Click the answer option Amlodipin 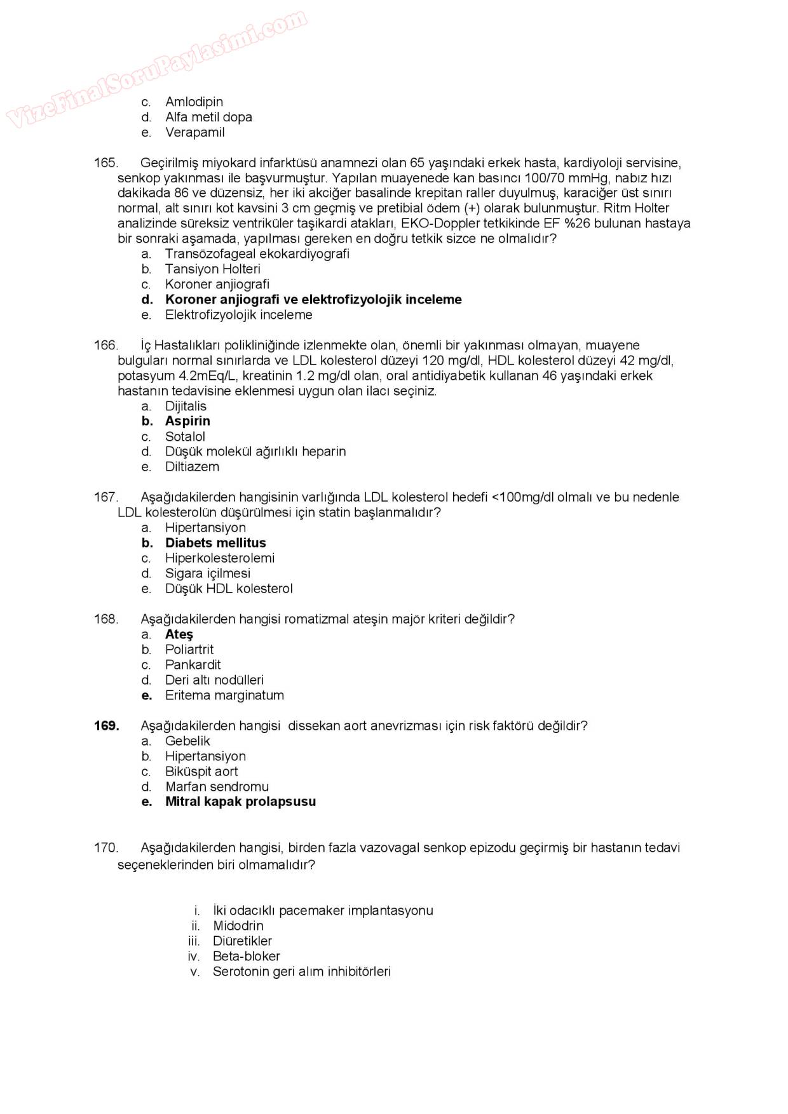click(x=194, y=102)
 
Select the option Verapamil click(x=194, y=132)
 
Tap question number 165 click(x=106, y=163)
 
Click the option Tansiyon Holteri click(x=212, y=269)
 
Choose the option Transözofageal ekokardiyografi click(x=257, y=253)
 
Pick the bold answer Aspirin click(x=187, y=421)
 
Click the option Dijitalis click(x=186, y=406)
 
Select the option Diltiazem click(x=192, y=467)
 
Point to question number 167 click(x=106, y=497)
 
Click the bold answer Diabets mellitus click(x=215, y=543)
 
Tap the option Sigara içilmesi click(x=207, y=574)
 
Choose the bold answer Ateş click(x=179, y=634)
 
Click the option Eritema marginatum click(x=224, y=695)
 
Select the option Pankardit click(x=193, y=665)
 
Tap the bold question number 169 click(x=107, y=726)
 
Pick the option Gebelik click(x=187, y=741)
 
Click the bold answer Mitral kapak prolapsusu click(x=240, y=802)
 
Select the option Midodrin click(x=238, y=926)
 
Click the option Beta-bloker click(x=246, y=956)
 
